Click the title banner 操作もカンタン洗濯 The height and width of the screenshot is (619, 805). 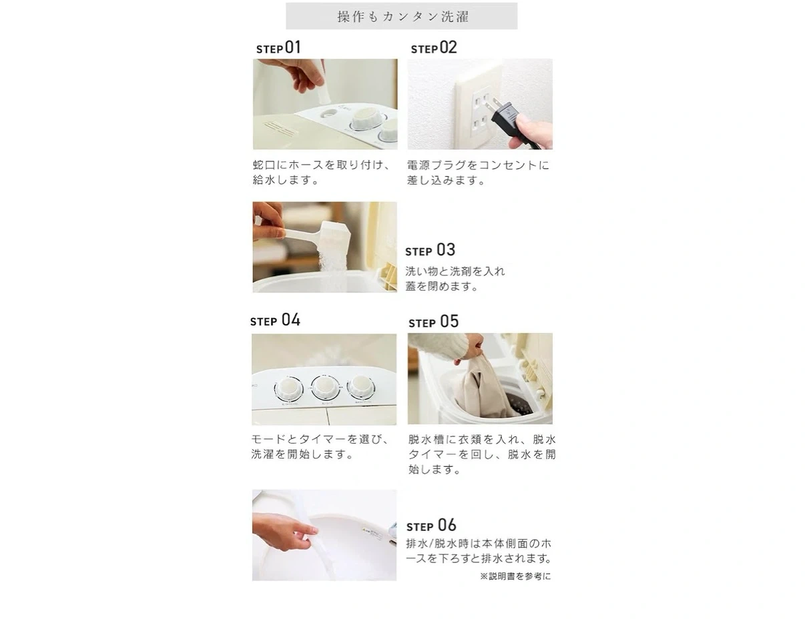(x=402, y=16)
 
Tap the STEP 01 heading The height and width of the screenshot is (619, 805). (x=278, y=48)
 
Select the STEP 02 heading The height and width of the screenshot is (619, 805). (x=434, y=48)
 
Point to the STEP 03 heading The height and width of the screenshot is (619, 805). (x=430, y=250)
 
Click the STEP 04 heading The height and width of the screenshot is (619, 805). (x=275, y=320)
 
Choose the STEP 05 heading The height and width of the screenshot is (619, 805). (x=433, y=322)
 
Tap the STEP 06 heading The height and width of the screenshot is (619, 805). (x=431, y=525)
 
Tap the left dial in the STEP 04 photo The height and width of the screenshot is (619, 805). (x=288, y=389)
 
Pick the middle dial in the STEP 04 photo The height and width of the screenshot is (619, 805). (x=325, y=387)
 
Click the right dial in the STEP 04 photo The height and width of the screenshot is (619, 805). (x=360, y=387)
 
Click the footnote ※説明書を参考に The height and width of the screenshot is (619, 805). (x=515, y=576)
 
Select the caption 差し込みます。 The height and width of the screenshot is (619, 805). (x=446, y=180)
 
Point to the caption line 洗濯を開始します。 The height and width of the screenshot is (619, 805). (x=302, y=454)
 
